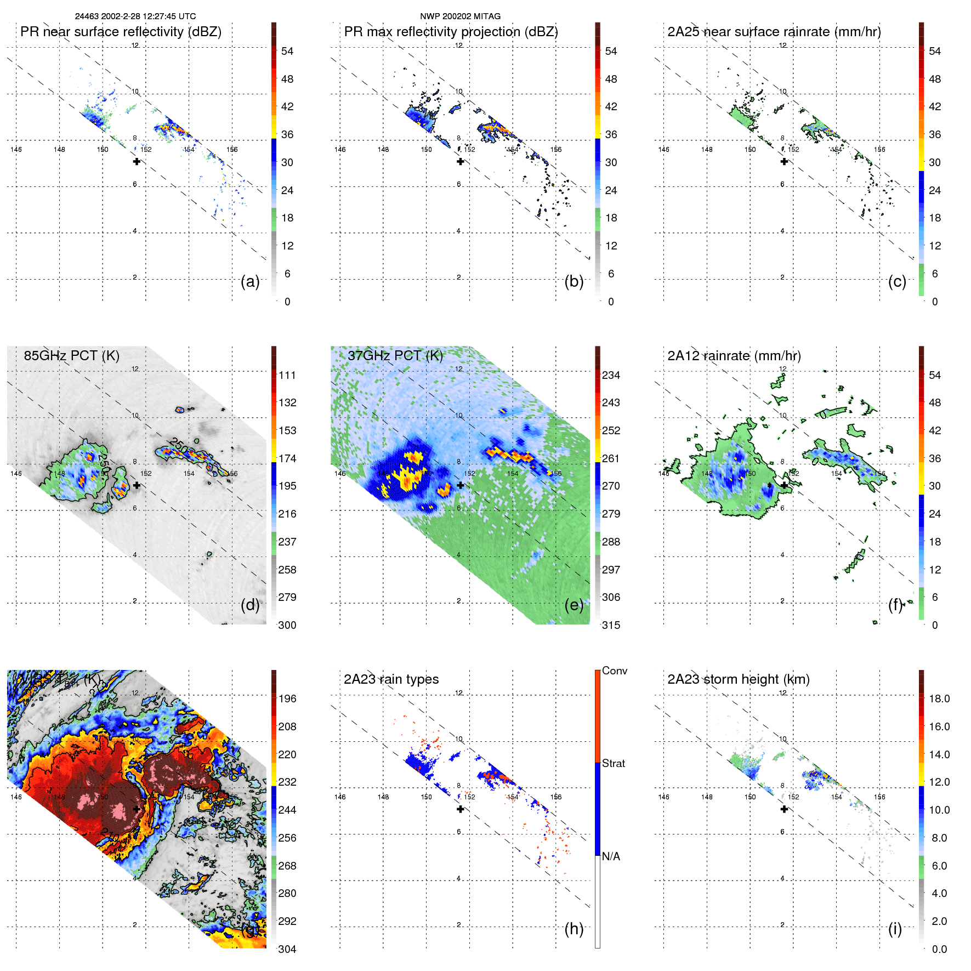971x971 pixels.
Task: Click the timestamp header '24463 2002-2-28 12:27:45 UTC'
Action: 135,16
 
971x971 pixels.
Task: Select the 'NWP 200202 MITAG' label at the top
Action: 460,16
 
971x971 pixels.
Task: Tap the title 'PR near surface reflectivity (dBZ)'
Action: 121,32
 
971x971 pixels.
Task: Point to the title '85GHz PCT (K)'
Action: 71,355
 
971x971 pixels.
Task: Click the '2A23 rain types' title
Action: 391,679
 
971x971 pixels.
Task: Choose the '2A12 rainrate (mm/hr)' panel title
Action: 734,355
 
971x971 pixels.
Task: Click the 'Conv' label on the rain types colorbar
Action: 614,671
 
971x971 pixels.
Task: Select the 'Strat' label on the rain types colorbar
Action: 613,763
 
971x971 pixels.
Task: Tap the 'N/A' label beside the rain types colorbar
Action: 611,856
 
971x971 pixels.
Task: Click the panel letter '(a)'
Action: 250,281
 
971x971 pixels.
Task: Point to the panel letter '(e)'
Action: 573,605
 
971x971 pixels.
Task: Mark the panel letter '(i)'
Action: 895,929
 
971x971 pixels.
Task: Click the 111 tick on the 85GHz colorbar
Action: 287,375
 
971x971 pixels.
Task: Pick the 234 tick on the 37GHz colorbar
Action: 611,375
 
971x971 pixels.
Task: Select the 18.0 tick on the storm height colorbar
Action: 939,699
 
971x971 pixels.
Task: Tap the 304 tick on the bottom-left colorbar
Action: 287,949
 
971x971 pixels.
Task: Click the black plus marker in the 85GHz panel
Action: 137,485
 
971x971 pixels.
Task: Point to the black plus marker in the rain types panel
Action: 461,809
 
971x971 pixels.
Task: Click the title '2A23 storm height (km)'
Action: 738,679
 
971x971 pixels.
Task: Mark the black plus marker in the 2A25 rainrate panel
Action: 784,161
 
